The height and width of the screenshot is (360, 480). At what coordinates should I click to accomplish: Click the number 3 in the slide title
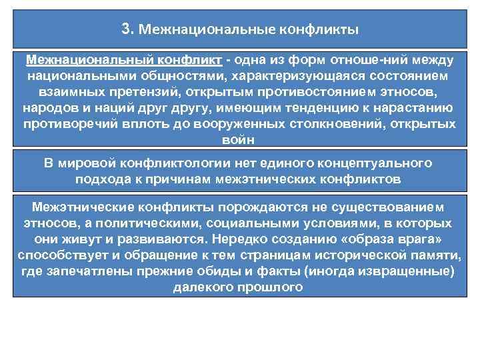coord(127,29)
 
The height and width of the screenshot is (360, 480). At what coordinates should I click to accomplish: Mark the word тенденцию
coord(339,109)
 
